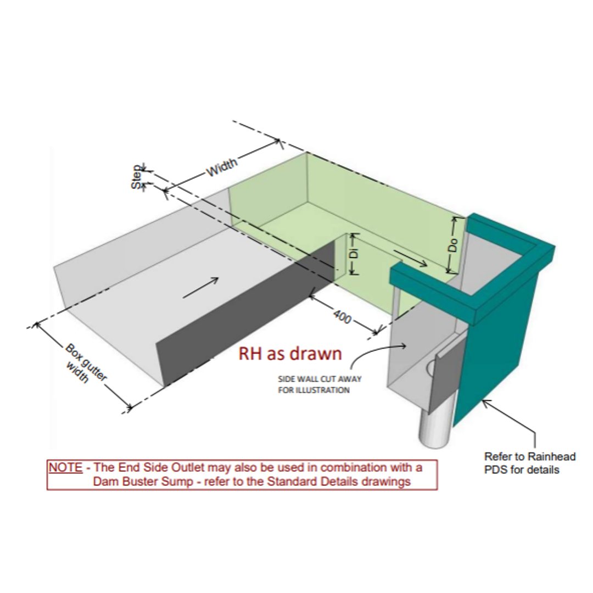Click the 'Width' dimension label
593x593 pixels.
point(222,167)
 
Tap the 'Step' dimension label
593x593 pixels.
point(136,177)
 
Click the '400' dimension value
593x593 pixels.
point(342,316)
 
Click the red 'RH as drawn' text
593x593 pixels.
point(290,354)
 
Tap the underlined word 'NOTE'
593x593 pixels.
point(65,468)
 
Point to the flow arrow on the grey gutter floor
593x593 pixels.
point(200,288)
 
